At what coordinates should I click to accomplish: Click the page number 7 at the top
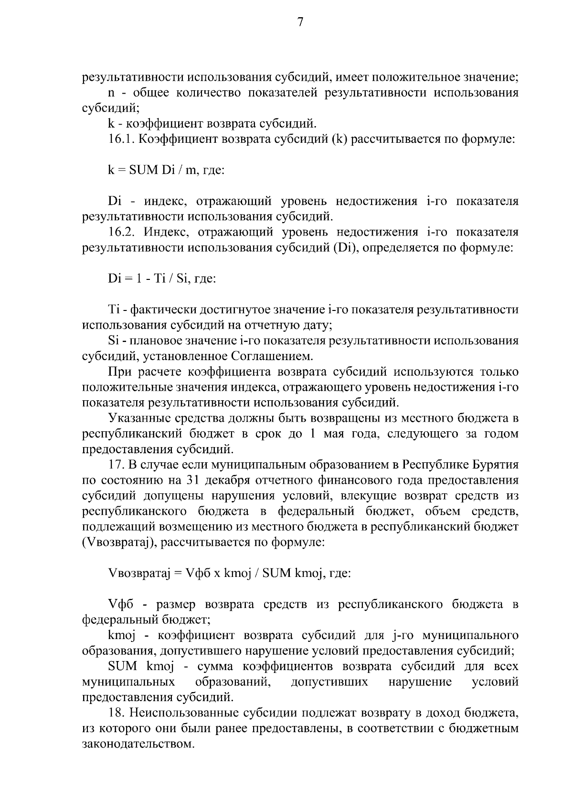tap(300, 22)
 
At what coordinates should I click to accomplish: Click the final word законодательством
tap(138, 744)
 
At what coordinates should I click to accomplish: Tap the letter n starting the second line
tap(111, 93)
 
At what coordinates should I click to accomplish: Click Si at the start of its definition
tap(113, 341)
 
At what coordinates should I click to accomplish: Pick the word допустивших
tap(329, 682)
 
